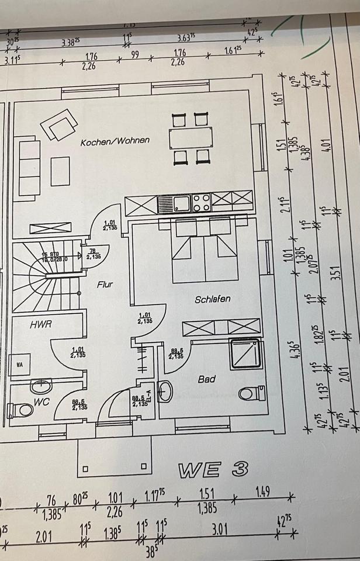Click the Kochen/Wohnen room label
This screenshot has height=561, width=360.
coord(115,141)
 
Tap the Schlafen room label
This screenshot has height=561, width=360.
coord(213,299)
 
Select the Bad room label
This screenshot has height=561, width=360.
coord(206,379)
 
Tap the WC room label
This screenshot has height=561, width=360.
coord(41,403)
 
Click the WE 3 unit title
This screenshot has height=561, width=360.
coord(213,469)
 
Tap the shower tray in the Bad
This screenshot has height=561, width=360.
coord(246,354)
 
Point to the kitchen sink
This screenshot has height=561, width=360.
coord(174,204)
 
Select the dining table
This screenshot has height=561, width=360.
coord(191,138)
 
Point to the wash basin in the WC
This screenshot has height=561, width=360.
coord(41,386)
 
